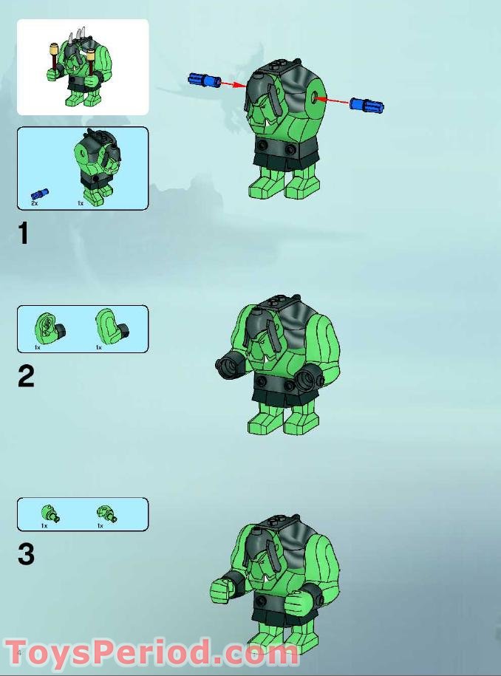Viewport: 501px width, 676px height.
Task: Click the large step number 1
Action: (24, 233)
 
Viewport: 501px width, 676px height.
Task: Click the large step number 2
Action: (26, 376)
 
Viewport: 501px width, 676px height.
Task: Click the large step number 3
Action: (26, 553)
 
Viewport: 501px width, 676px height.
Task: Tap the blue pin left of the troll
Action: (205, 79)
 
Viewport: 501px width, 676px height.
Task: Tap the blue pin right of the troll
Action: (367, 106)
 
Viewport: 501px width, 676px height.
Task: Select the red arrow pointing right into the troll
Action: (234, 84)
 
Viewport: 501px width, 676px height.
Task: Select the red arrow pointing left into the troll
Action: (337, 100)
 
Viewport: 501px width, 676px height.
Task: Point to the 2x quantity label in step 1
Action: (35, 203)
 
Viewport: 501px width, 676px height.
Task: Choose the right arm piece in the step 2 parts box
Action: (112, 327)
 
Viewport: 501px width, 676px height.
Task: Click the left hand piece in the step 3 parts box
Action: (50, 514)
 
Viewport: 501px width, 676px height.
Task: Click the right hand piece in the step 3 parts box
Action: (107, 513)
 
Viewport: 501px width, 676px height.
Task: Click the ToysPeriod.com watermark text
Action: (151, 654)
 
